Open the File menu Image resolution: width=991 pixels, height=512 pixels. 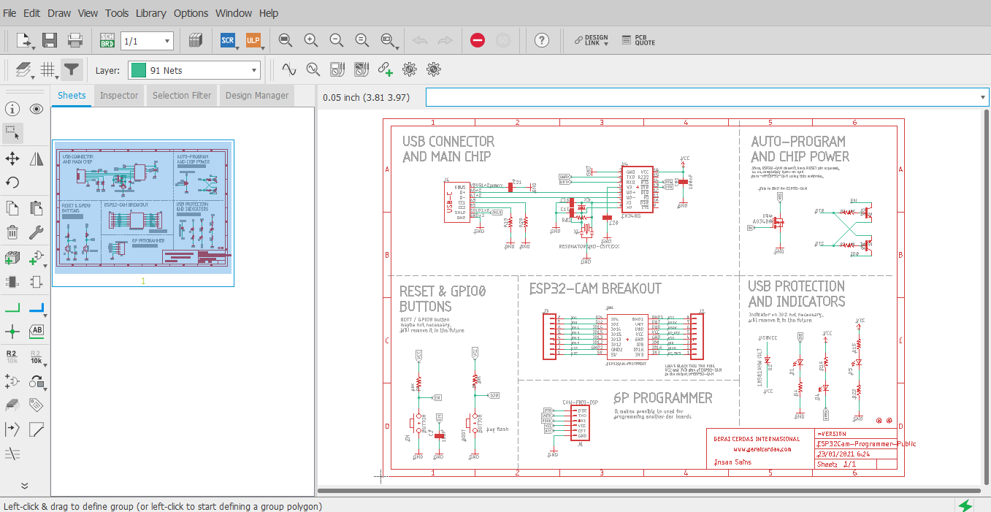(9, 13)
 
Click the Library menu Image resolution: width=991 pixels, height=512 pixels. (150, 13)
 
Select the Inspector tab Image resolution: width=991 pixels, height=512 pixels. (119, 96)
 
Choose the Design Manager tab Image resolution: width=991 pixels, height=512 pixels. (256, 96)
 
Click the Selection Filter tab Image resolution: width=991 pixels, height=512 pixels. (182, 96)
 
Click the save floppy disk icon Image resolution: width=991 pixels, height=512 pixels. (50, 40)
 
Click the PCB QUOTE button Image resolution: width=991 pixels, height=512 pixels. (638, 40)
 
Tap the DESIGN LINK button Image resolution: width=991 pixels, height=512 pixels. (591, 40)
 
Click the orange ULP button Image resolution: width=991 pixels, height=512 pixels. (253, 40)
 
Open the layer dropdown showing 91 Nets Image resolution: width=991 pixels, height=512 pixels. (194, 70)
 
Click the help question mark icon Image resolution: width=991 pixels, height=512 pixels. (541, 40)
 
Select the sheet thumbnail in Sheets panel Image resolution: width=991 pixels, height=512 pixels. (143, 211)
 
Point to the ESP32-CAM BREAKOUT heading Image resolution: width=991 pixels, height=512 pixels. (594, 289)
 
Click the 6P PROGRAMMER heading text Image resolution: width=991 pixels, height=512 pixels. (662, 398)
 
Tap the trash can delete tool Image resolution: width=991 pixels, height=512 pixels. (12, 233)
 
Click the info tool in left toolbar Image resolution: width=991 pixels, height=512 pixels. (12, 109)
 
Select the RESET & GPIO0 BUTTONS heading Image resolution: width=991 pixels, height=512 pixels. (443, 299)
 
